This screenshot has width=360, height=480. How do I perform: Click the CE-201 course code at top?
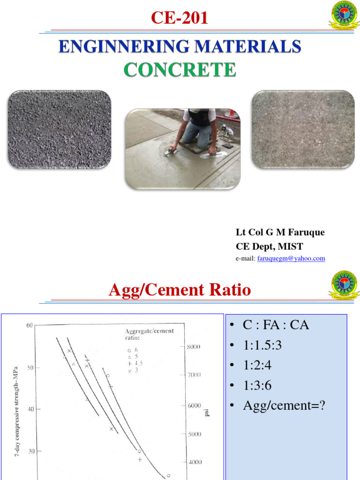179,18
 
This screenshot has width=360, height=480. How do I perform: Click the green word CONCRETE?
180,70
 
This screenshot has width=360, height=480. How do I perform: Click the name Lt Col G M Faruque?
280,232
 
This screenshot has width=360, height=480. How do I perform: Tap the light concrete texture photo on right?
303,129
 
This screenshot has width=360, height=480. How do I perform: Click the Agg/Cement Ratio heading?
180,290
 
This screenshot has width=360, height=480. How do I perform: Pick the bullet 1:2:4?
258,366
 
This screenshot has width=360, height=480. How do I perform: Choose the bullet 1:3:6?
258,386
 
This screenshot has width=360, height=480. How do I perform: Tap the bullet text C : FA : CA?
276,325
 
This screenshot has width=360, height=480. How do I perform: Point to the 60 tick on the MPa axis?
29,325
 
